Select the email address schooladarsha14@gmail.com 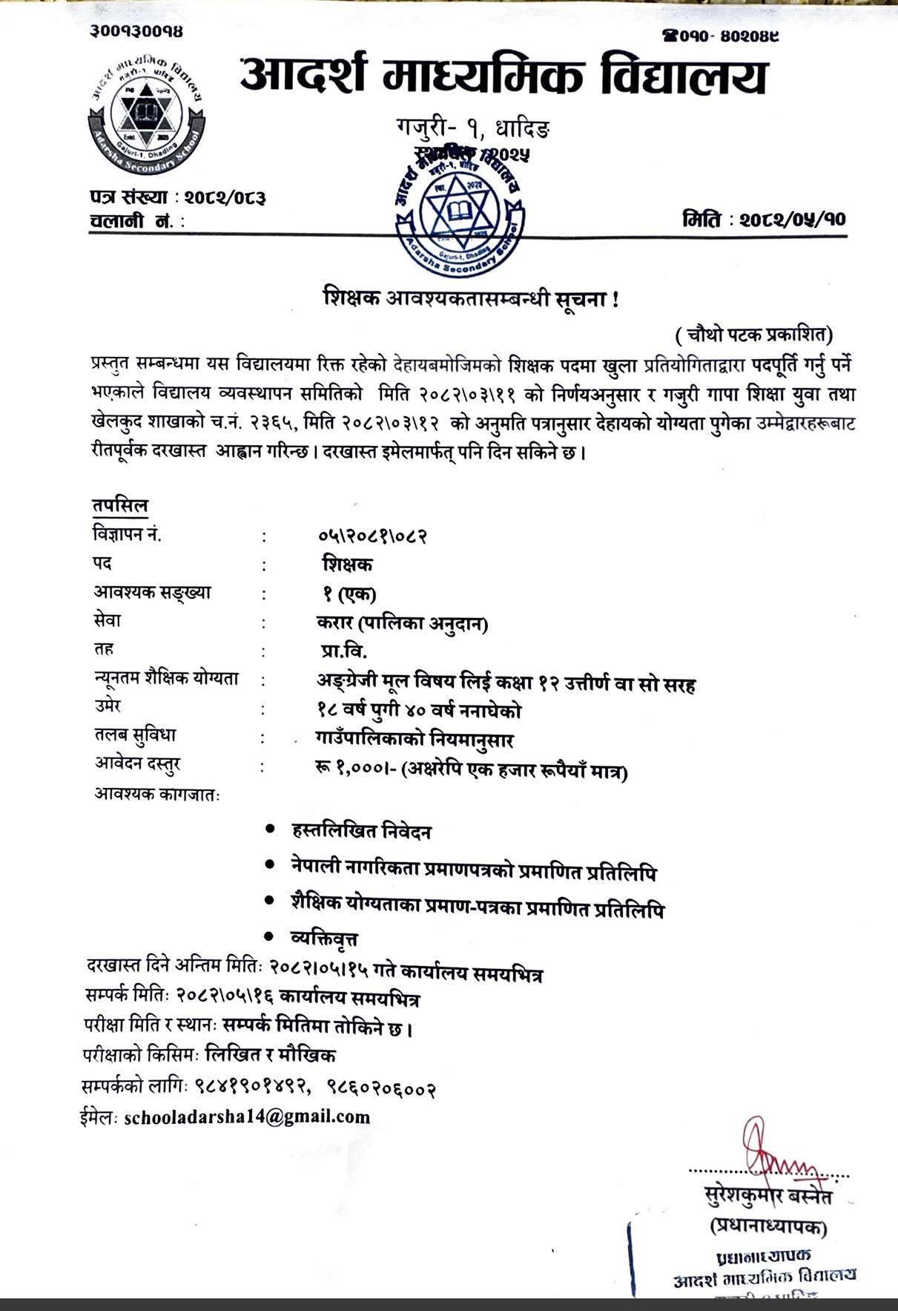(x=247, y=1117)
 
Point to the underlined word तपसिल (x=120, y=505)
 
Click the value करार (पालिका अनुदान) (x=400, y=624)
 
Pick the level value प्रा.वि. (x=339, y=651)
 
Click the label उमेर (x=108, y=706)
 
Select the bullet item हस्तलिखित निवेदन (x=362, y=832)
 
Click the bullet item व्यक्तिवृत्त (x=325, y=939)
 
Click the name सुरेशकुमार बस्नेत (x=768, y=1197)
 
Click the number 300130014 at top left (x=138, y=30)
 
